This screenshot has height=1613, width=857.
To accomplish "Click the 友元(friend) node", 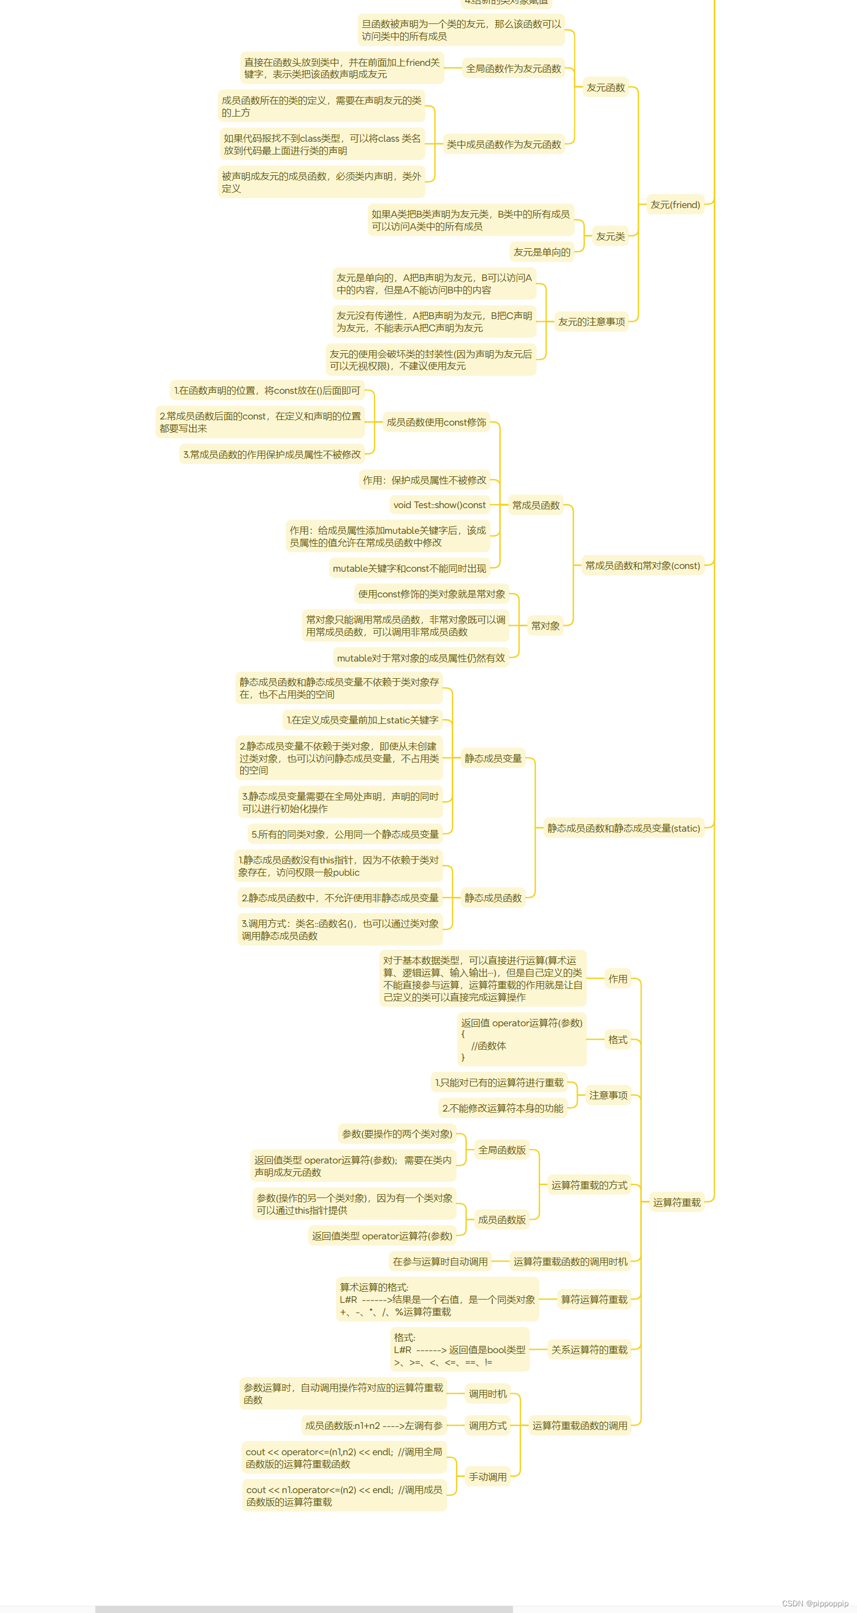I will tap(675, 205).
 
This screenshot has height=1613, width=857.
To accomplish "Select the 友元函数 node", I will tap(606, 88).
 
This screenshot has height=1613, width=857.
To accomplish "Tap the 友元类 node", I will tap(610, 236).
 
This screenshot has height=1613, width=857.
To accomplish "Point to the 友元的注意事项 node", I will tap(591, 322).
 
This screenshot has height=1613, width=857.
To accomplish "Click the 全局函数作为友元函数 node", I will tap(513, 69).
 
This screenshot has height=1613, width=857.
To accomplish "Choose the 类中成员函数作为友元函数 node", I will tap(503, 144).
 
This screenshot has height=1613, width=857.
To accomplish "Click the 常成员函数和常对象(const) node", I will tap(642, 566).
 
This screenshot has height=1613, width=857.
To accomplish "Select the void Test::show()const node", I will tap(439, 505).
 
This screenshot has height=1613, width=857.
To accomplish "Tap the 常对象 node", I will tap(545, 626).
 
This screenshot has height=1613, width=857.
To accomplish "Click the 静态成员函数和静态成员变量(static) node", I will tap(623, 828).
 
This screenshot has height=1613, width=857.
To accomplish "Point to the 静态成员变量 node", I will tap(493, 759).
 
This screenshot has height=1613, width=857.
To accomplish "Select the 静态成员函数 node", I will tap(493, 898).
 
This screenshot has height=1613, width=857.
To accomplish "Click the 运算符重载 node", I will tap(676, 1202).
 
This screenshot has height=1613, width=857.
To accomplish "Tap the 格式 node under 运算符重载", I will tap(617, 1040).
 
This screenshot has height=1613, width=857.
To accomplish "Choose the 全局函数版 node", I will tap(501, 1150).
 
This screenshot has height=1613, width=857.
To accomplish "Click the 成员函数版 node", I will tap(501, 1220).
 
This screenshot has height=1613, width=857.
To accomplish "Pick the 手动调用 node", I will tap(488, 1476).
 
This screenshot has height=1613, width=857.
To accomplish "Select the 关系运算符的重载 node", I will tap(588, 1350).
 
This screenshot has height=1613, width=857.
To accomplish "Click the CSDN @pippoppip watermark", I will tap(815, 1604).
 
